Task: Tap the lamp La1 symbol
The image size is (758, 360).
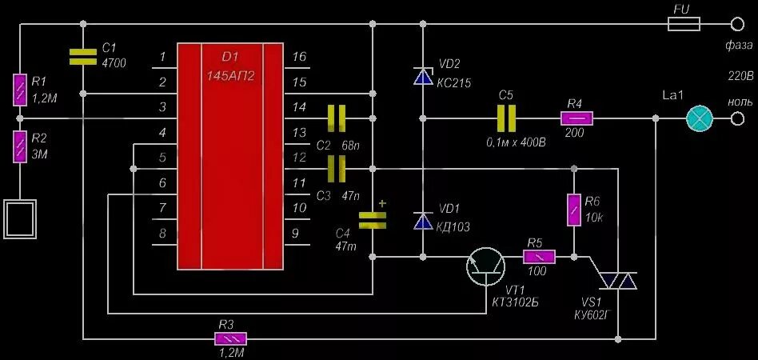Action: point(699,119)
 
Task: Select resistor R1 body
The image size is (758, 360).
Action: point(20,90)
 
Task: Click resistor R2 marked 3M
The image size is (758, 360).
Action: point(20,146)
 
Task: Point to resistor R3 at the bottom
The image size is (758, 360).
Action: point(231,338)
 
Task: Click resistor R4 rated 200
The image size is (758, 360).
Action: point(577,118)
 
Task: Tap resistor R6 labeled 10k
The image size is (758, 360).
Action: point(572,210)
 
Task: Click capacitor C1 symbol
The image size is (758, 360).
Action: point(82,55)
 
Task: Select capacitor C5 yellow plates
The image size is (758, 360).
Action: point(505,119)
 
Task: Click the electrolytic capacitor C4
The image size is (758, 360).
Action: point(373,220)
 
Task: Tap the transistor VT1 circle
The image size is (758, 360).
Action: point(486,265)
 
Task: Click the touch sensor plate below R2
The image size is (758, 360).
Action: point(20,217)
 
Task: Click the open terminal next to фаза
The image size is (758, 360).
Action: point(737,25)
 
